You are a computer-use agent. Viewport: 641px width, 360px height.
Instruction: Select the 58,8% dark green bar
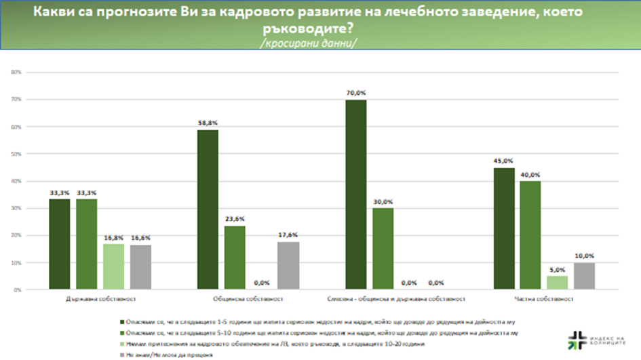208,209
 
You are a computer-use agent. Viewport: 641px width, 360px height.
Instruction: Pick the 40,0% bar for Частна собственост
530,235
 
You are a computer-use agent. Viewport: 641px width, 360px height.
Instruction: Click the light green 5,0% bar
557,283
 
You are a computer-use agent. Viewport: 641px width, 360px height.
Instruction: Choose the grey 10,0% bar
583,276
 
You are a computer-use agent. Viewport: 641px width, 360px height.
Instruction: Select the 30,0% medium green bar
383,249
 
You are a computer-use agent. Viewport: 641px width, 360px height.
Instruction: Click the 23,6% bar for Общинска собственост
235,258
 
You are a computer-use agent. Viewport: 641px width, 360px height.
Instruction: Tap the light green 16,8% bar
113,266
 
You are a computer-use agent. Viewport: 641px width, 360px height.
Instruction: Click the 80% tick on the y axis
18,72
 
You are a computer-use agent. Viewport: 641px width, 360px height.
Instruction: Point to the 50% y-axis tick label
18,154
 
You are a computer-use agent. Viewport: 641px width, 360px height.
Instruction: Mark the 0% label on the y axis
20,289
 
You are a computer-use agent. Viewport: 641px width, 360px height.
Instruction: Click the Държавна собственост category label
100,298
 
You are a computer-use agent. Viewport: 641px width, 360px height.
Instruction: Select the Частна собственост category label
544,298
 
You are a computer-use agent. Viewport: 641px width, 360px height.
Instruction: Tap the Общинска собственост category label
248,298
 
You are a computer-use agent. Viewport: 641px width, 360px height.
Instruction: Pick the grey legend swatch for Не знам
119,355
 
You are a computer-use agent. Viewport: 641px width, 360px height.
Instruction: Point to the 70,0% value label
356,93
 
